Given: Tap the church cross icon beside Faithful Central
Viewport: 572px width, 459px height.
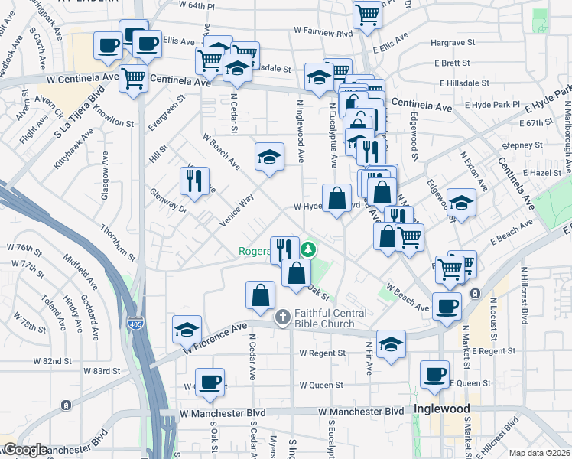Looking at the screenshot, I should (282, 316).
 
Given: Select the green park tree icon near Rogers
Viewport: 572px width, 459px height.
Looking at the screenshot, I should (308, 249).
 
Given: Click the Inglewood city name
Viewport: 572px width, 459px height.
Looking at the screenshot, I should (441, 409).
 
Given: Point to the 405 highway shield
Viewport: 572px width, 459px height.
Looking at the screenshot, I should (135, 324).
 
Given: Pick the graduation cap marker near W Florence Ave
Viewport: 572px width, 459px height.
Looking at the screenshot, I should (187, 329).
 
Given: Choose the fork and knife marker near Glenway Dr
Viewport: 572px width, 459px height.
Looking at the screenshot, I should (194, 181).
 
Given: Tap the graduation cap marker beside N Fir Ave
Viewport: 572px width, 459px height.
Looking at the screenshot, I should (391, 343).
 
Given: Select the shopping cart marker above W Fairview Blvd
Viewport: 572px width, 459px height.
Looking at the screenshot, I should (368, 13).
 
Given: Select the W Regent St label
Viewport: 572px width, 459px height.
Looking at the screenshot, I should (322, 353).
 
